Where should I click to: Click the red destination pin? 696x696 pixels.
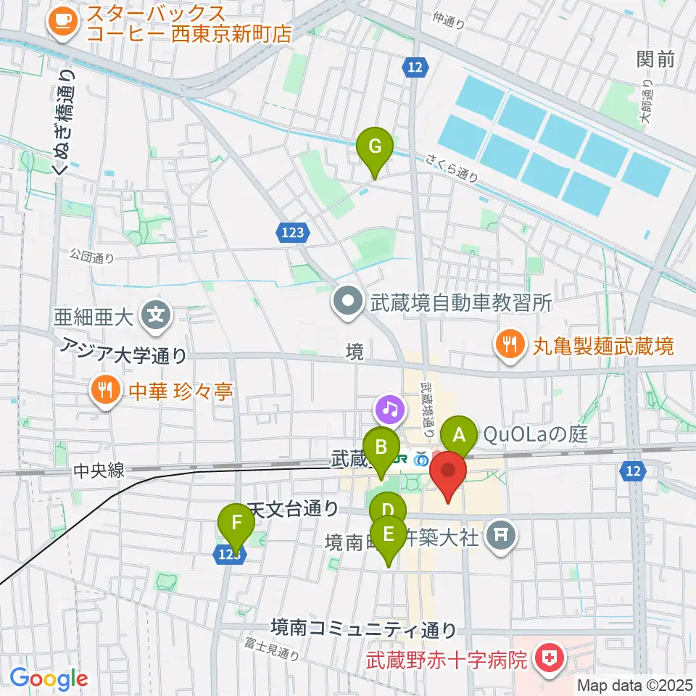tap(449, 475)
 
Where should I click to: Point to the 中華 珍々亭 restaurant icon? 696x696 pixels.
tap(106, 391)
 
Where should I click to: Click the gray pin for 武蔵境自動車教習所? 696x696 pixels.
tap(347, 302)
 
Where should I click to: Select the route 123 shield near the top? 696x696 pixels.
tap(293, 232)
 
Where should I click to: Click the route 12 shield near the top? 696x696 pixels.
tap(413, 67)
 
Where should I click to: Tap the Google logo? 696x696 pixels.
tap(49, 679)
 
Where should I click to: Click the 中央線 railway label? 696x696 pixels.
tap(100, 471)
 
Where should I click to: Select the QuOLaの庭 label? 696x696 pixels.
tap(534, 435)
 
